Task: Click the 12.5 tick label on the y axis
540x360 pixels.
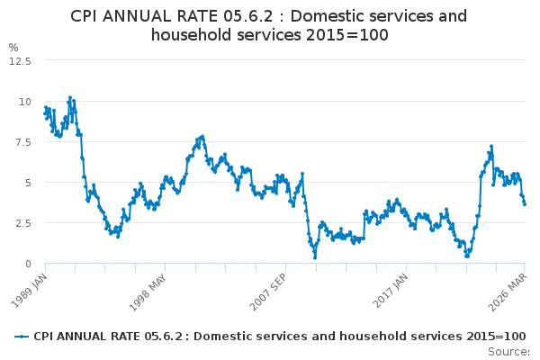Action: (21, 60)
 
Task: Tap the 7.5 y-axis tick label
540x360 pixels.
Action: (22, 141)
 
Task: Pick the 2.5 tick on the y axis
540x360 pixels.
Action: (22, 223)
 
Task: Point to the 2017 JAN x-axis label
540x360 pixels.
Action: (390, 286)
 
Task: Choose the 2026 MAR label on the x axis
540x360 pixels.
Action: (509, 286)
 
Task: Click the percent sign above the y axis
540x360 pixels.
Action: (13, 47)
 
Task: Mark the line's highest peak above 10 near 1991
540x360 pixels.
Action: (70, 97)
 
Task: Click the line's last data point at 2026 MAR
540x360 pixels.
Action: (525, 203)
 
